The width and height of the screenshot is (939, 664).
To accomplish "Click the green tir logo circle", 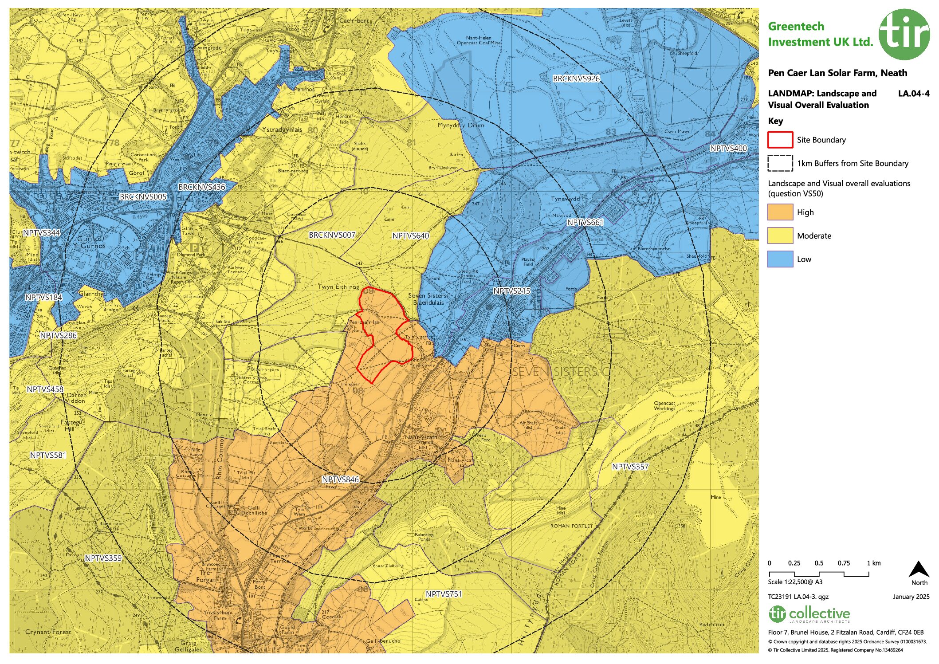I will click(904, 35).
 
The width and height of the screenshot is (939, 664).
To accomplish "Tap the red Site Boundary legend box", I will click(780, 140).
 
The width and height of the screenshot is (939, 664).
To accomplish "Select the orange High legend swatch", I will click(780, 212).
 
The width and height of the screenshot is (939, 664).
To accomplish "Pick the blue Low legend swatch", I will click(780, 259).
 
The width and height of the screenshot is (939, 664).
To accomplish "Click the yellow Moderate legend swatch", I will click(780, 236).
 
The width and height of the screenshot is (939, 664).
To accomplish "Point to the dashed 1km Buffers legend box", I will click(780, 163).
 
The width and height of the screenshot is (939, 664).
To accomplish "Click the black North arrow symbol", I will click(919, 570).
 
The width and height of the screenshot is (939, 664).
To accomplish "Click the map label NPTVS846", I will click(340, 479).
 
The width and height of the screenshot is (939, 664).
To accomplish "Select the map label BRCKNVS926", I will click(576, 79).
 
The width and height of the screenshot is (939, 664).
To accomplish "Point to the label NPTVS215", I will click(511, 291).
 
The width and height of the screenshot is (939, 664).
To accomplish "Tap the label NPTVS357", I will click(630, 467).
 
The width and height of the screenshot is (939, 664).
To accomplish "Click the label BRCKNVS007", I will click(332, 235).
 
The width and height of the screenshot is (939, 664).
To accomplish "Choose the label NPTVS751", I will click(444, 594).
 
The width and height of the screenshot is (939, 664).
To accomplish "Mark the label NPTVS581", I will click(48, 455).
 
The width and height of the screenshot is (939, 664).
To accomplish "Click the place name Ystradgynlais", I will click(282, 130).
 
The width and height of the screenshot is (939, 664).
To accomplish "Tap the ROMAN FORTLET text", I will click(571, 526).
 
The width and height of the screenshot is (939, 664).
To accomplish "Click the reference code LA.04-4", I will click(913, 94).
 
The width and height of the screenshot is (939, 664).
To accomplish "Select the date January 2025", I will click(911, 597).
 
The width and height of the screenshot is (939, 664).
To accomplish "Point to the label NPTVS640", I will click(410, 236).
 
